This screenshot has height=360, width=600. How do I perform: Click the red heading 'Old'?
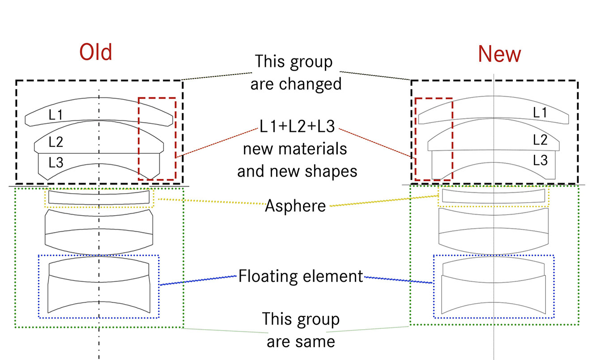click(x=96, y=52)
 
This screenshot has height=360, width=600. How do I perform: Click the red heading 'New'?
click(x=500, y=54)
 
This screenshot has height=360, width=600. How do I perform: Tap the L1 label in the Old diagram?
click(x=55, y=114)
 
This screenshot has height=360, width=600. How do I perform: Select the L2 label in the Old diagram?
click(x=56, y=142)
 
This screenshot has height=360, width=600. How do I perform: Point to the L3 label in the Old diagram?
click(x=56, y=162)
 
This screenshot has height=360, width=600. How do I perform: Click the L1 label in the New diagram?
click(x=540, y=112)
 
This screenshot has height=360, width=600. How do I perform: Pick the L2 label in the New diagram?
click(x=540, y=140)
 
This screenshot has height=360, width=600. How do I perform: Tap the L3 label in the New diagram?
click(x=540, y=160)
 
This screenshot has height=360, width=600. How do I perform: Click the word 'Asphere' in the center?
click(x=295, y=206)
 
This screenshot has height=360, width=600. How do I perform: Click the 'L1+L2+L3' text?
click(x=297, y=126)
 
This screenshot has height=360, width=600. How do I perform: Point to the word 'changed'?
click(x=311, y=84)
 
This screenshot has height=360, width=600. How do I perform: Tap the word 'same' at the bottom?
click(x=314, y=342)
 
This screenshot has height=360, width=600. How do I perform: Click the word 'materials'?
click(x=313, y=148)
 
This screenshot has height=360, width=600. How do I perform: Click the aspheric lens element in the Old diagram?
click(x=99, y=197)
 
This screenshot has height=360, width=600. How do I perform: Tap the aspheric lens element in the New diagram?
click(x=494, y=196)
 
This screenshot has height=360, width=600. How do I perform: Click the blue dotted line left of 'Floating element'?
click(x=198, y=280)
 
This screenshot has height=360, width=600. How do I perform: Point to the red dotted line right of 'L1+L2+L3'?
click(x=375, y=143)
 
